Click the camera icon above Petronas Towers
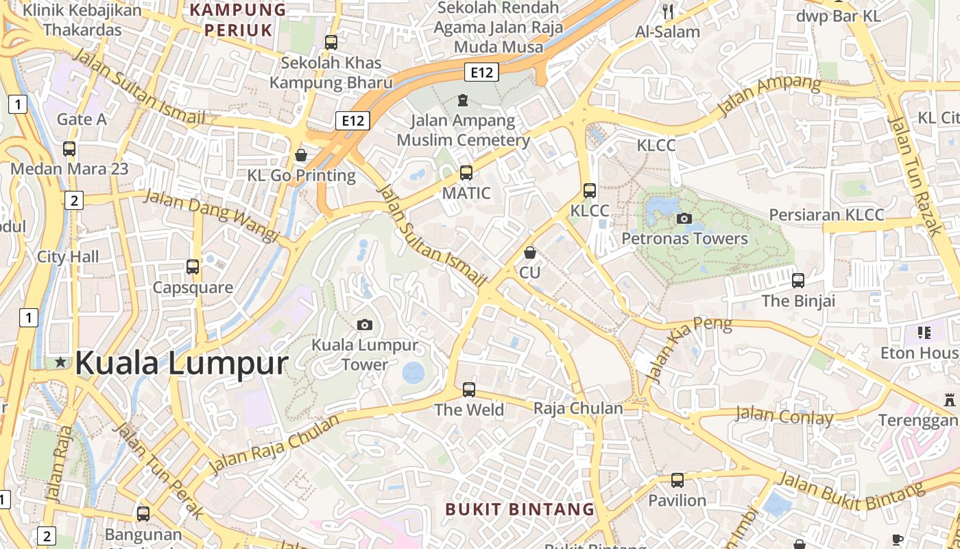point(684,219)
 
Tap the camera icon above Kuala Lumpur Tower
point(365,325)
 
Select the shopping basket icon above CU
point(529,253)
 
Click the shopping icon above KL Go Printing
point(300,155)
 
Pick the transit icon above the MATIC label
point(466,172)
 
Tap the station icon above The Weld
point(469,389)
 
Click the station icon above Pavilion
point(677,480)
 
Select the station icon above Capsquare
point(193,266)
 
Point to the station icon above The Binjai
point(798,280)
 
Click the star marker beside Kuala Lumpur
point(61,362)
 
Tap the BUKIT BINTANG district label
point(520,509)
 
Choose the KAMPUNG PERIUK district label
point(238,19)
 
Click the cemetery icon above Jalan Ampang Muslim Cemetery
point(463,100)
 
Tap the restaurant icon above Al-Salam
point(668,11)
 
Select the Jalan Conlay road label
point(784,416)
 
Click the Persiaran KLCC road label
point(826,215)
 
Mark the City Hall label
point(68,257)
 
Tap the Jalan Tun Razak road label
point(915,176)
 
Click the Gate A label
point(82,119)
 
